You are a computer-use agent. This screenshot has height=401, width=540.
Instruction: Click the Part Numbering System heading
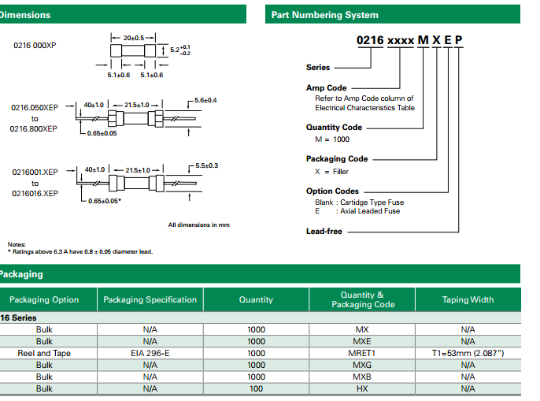click(x=324, y=15)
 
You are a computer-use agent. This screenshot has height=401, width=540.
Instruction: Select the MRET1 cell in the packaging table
click(x=362, y=353)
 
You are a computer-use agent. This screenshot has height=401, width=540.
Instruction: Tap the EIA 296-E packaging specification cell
click(x=150, y=353)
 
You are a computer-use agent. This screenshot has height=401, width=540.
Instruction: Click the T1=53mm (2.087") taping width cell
click(x=468, y=353)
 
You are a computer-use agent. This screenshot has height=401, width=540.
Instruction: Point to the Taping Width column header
click(x=468, y=299)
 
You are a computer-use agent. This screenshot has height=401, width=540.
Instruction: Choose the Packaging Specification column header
click(x=150, y=299)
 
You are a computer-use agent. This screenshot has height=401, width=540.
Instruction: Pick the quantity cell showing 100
click(x=256, y=388)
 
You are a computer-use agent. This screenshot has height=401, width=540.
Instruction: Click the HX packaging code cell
click(x=362, y=388)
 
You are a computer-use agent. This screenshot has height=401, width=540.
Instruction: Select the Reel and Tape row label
click(x=44, y=353)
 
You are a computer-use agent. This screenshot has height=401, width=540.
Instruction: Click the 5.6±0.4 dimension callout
click(x=205, y=100)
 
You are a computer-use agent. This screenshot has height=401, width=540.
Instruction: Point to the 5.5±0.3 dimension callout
click(x=205, y=165)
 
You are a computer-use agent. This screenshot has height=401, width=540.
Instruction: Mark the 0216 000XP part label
click(x=35, y=45)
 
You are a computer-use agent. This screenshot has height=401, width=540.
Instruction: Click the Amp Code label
click(x=326, y=87)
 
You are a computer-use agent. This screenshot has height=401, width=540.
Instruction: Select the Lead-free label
click(x=324, y=231)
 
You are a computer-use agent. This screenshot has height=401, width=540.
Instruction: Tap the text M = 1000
click(x=332, y=139)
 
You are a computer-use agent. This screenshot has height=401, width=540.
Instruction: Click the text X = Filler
click(x=331, y=171)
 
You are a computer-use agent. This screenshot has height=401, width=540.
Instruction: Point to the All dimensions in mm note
click(x=198, y=225)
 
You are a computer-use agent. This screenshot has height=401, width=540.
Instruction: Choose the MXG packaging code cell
click(x=362, y=365)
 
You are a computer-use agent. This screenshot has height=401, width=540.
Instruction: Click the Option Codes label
click(x=332, y=191)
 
